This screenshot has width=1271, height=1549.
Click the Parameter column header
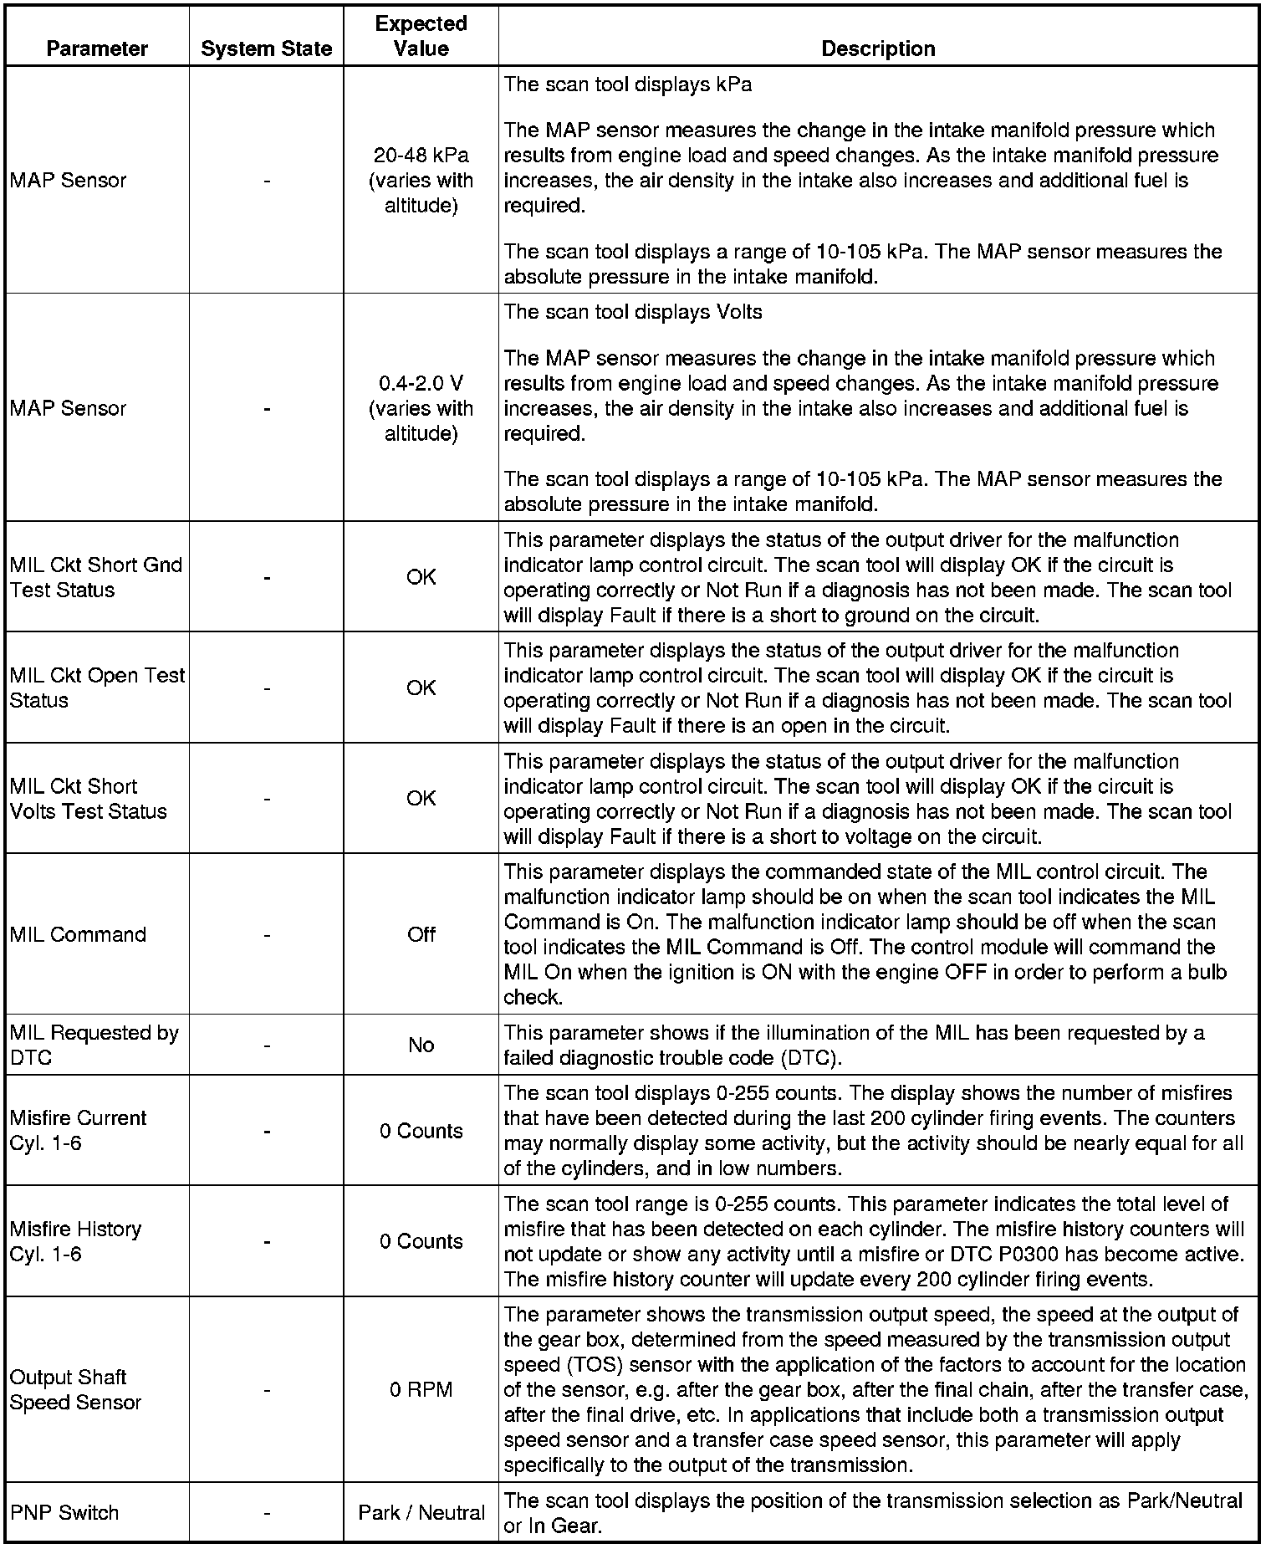click(x=97, y=49)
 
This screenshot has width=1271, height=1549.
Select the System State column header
click(x=266, y=49)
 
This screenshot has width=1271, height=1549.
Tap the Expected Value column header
click(x=421, y=36)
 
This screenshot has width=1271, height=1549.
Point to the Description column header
click(x=878, y=49)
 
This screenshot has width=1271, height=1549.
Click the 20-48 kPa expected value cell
click(x=421, y=180)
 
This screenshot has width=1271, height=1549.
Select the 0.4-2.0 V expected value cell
click(x=421, y=408)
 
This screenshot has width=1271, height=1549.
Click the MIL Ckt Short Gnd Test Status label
click(x=96, y=577)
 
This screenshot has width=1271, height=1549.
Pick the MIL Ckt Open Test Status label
click(x=97, y=688)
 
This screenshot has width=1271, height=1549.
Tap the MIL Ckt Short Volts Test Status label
click(x=89, y=798)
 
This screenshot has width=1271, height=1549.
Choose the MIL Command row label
click(x=78, y=934)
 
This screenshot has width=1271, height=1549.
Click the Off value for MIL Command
click(x=421, y=934)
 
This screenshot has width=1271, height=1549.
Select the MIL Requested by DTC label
click(x=94, y=1045)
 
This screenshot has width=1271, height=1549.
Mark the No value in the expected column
click(x=421, y=1045)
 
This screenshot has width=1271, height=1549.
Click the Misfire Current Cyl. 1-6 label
click(x=78, y=1130)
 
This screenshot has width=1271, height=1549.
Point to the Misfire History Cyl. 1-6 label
click(x=75, y=1241)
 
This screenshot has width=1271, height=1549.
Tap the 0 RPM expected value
click(x=421, y=1389)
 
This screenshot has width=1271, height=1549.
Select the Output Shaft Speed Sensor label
click(x=75, y=1389)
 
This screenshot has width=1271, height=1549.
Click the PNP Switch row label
click(x=64, y=1512)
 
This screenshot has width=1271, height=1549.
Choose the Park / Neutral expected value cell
click(x=421, y=1512)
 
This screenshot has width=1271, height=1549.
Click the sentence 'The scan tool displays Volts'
click(x=633, y=312)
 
